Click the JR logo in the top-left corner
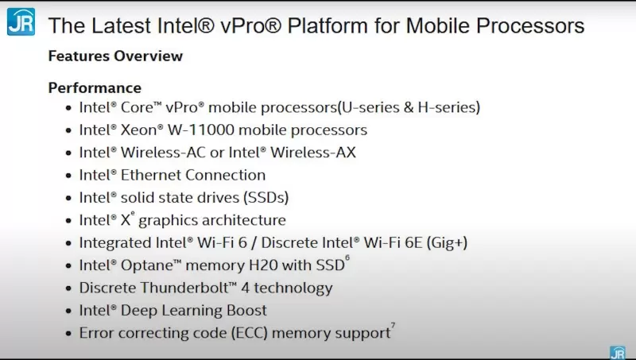pyautogui.click(x=21, y=21)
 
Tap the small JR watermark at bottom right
pyautogui.click(x=617, y=352)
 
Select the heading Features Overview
pyautogui.click(x=115, y=56)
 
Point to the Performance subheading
pyautogui.click(x=95, y=87)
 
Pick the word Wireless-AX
pyautogui.click(x=316, y=152)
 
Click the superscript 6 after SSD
pyautogui.click(x=347, y=258)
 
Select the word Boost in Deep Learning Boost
pyautogui.click(x=246, y=311)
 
